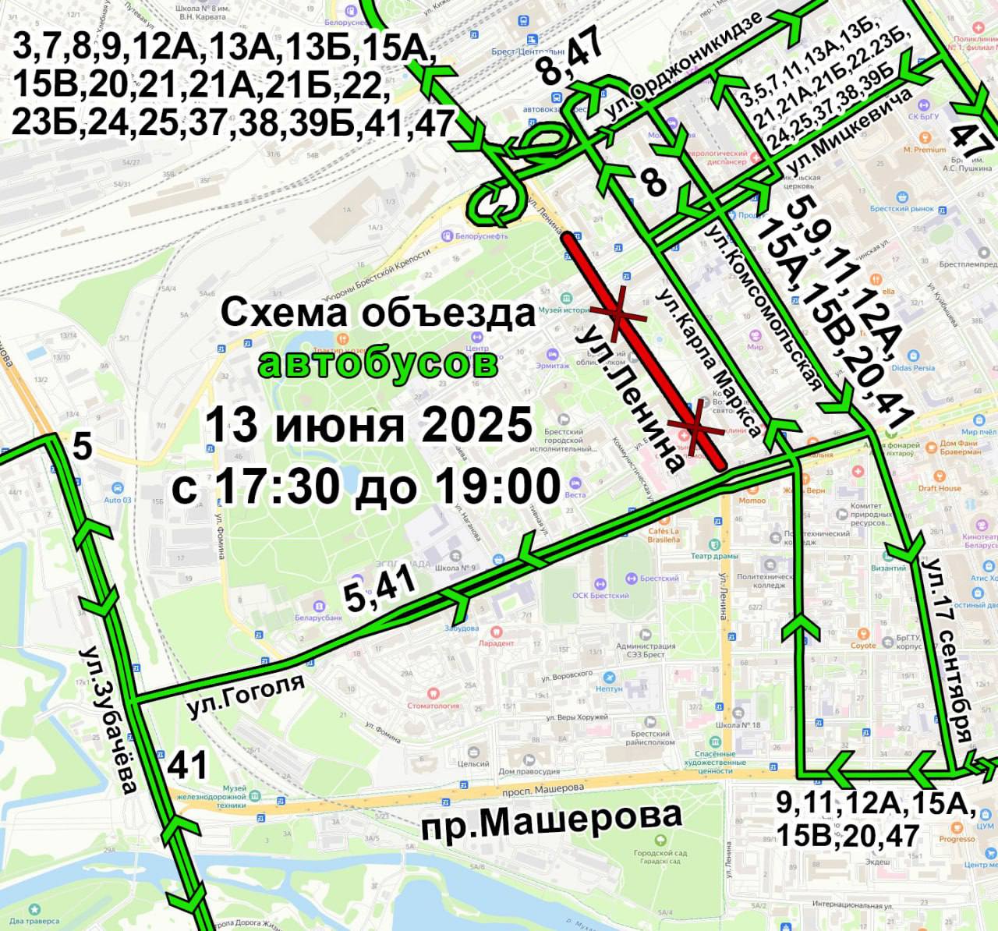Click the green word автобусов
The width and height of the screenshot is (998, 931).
tap(378, 363)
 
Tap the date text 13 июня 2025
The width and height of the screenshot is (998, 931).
tap(369, 427)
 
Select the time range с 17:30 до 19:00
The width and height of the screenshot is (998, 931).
tap(366, 487)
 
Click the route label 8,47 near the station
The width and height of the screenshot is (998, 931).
tap(572, 59)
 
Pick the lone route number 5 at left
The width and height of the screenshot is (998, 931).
tap(82, 448)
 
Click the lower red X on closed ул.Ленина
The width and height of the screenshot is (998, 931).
tap(693, 427)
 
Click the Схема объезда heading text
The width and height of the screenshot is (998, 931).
tap(379, 313)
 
